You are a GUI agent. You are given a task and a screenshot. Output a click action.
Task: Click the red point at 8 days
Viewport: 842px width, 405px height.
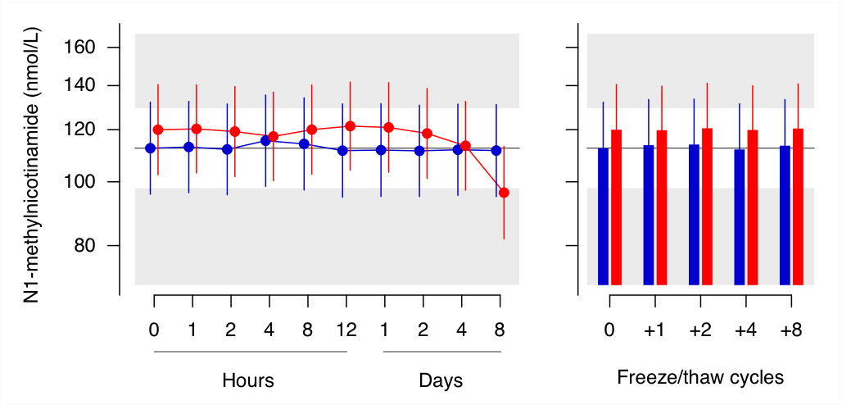coord(504,193)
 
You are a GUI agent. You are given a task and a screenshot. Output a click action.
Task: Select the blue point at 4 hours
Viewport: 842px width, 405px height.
coord(265,141)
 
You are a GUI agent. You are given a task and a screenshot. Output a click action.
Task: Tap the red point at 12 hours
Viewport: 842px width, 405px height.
coord(350,126)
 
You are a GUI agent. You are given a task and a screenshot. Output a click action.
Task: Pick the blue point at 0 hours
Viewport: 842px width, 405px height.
coord(150,148)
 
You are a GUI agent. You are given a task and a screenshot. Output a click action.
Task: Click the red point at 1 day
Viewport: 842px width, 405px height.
coord(388,127)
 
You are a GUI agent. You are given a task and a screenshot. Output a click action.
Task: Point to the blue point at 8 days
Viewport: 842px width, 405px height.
coord(496,151)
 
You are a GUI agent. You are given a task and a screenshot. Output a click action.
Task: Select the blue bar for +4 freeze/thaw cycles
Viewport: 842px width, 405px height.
coord(740,217)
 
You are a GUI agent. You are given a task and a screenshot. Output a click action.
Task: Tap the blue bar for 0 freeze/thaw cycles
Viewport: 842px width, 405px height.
coord(604,216)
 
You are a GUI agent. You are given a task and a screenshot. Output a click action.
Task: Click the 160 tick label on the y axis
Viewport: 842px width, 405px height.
coord(79,48)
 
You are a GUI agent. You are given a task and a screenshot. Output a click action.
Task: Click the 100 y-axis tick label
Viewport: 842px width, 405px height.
coord(79,182)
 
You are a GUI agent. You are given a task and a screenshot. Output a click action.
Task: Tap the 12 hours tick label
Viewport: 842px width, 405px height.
coord(346,330)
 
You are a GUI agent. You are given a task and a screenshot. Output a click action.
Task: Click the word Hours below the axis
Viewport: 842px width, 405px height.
coord(248,381)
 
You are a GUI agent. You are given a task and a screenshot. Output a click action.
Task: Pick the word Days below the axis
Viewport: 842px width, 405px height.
coord(441,381)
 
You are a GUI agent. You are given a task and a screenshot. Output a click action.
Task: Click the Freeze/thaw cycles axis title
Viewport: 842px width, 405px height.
coord(700,378)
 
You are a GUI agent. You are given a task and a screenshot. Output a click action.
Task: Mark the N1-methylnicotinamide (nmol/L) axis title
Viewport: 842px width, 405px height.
coord(33,165)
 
